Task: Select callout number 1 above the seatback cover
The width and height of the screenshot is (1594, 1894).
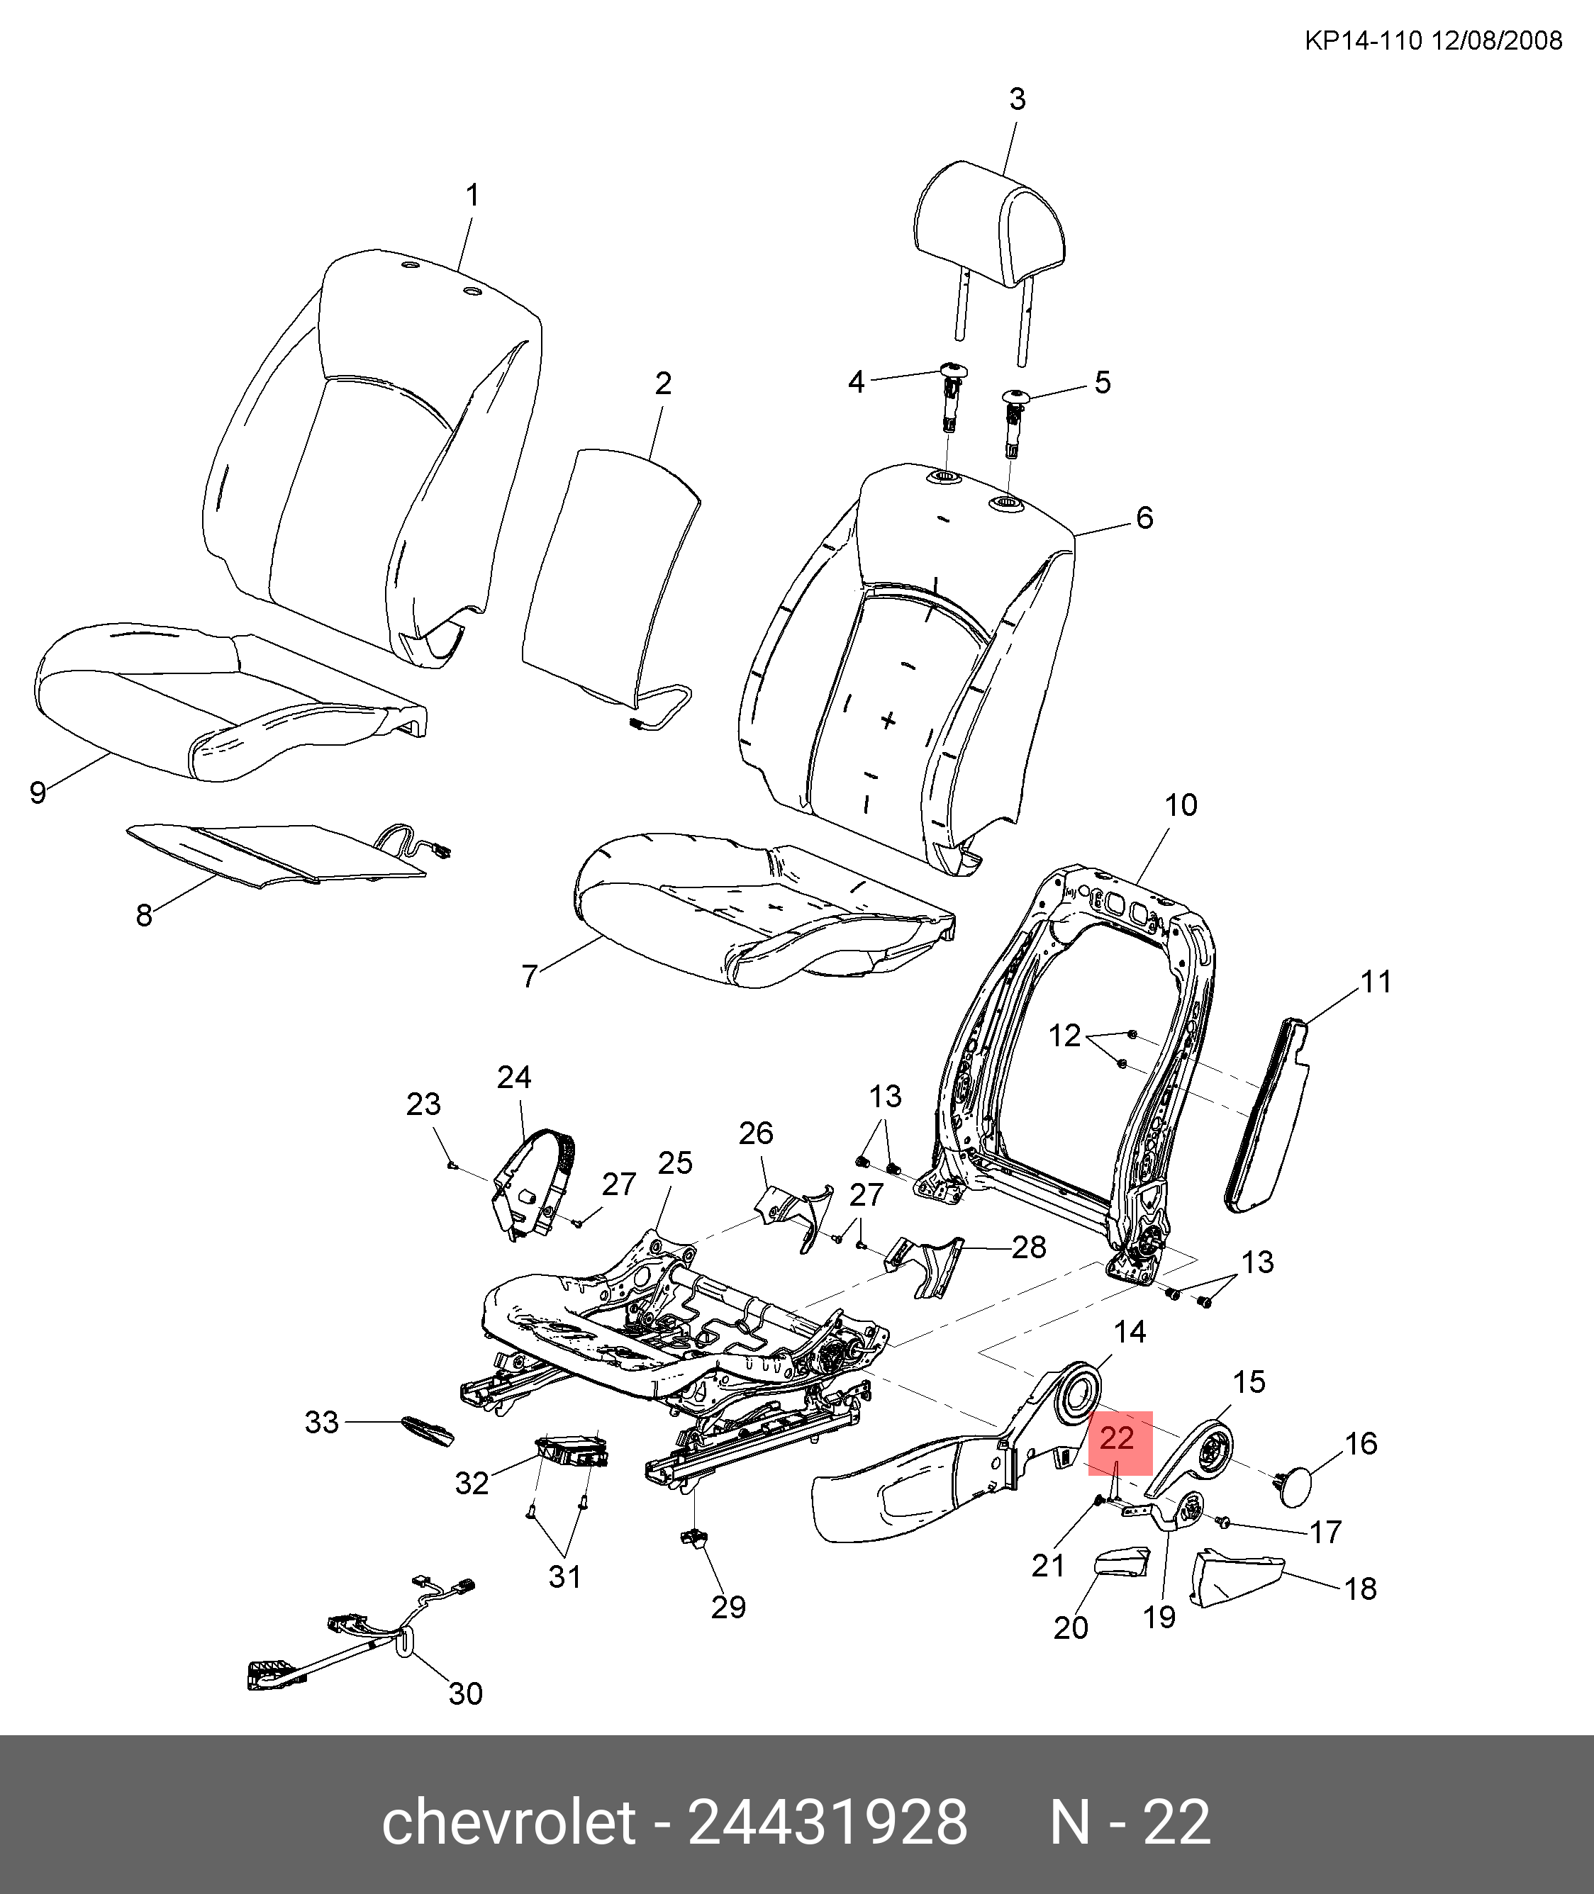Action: coord(472,195)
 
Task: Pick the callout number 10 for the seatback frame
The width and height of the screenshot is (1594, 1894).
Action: coord(1180,805)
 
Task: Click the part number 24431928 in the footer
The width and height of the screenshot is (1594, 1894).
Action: coord(827,1822)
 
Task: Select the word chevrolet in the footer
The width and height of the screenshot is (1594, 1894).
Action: coord(508,1822)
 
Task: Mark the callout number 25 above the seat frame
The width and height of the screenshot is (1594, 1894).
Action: coord(675,1163)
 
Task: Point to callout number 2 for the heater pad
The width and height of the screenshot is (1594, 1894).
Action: coord(663,383)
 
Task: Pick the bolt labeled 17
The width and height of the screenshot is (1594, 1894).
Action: coord(1225,1523)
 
